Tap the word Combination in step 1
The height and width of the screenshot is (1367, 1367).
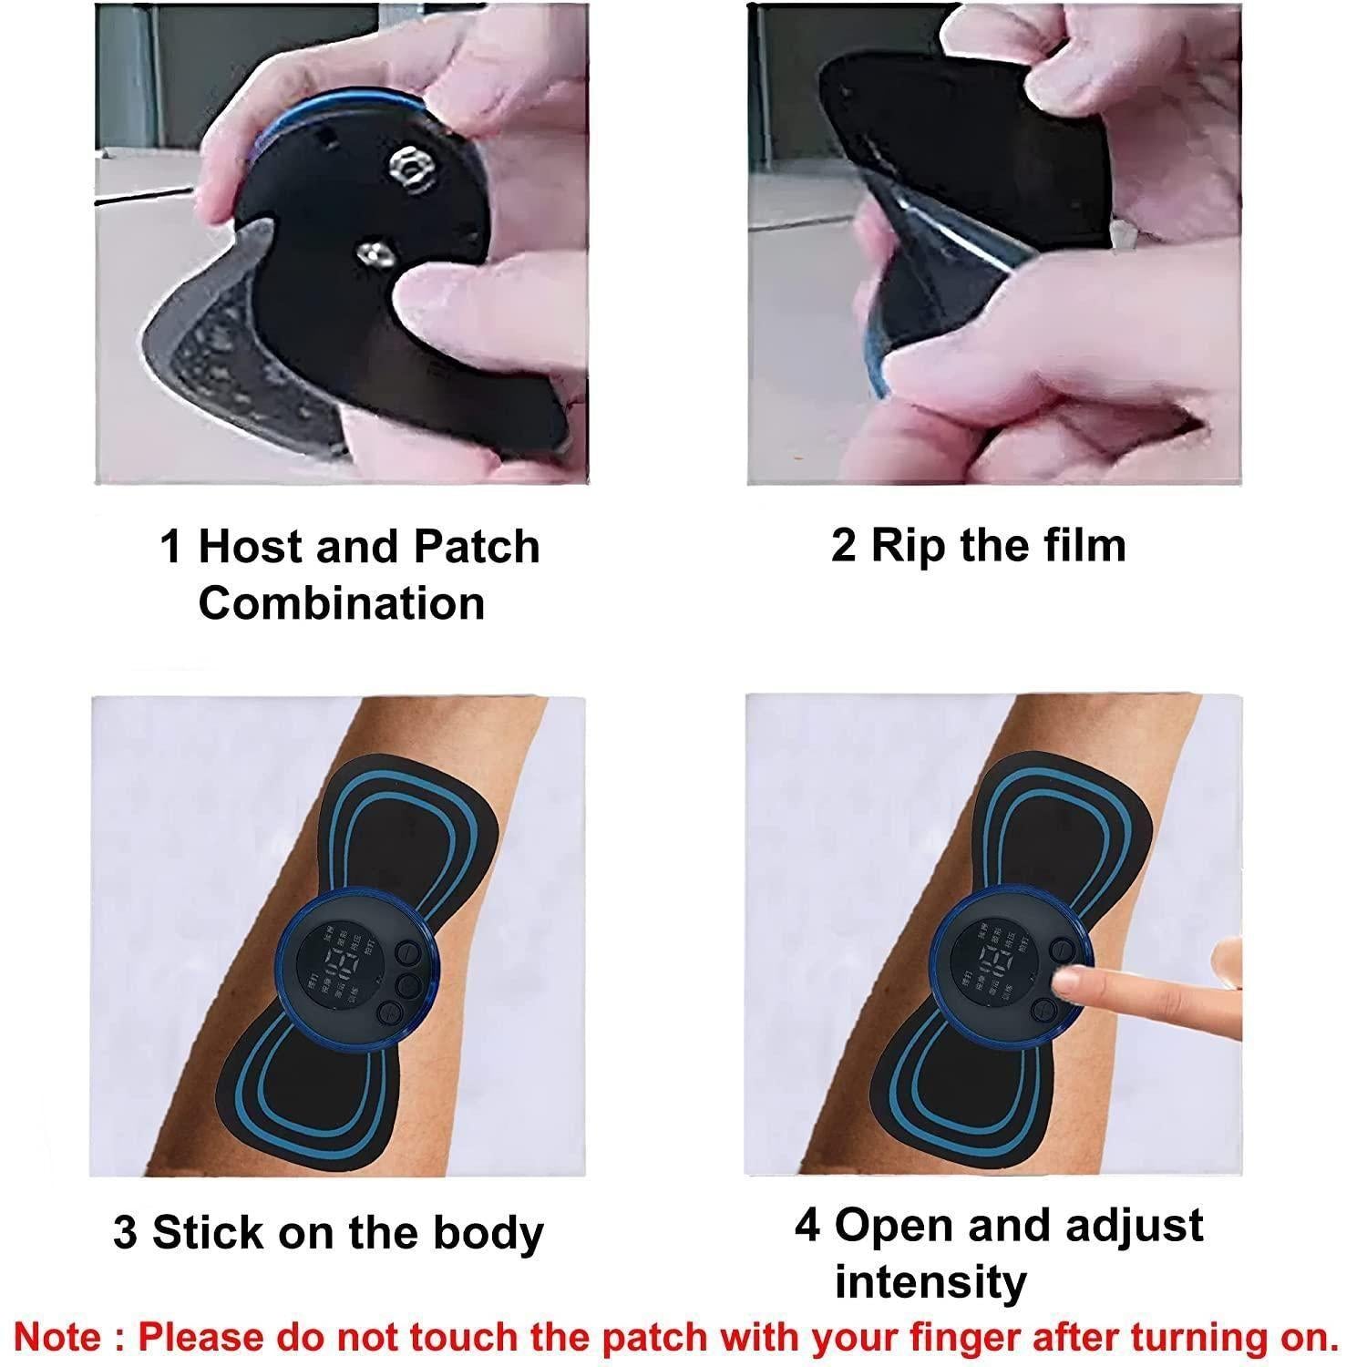342,604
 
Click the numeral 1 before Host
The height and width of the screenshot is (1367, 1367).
171,548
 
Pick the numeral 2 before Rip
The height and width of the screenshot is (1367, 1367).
843,545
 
